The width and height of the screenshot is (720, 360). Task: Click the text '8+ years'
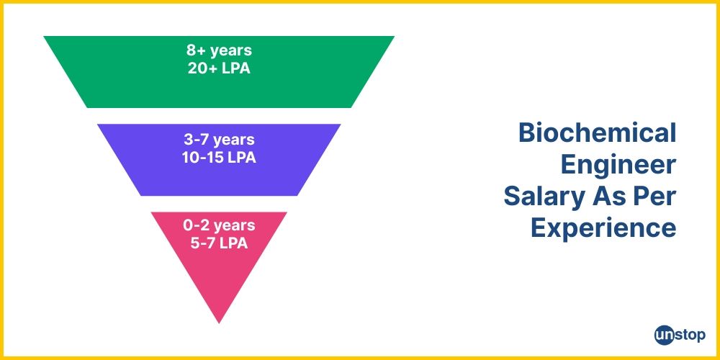[x=219, y=51]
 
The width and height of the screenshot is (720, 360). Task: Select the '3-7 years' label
[x=219, y=139]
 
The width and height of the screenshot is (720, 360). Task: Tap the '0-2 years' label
[x=219, y=226]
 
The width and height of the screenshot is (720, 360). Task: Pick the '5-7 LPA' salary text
[x=219, y=243]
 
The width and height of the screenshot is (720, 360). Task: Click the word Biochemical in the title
[x=597, y=133]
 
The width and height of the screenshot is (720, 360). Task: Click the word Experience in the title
[x=603, y=228]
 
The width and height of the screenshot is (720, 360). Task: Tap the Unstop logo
[x=680, y=335]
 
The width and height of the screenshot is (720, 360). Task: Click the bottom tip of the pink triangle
[x=219, y=320]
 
